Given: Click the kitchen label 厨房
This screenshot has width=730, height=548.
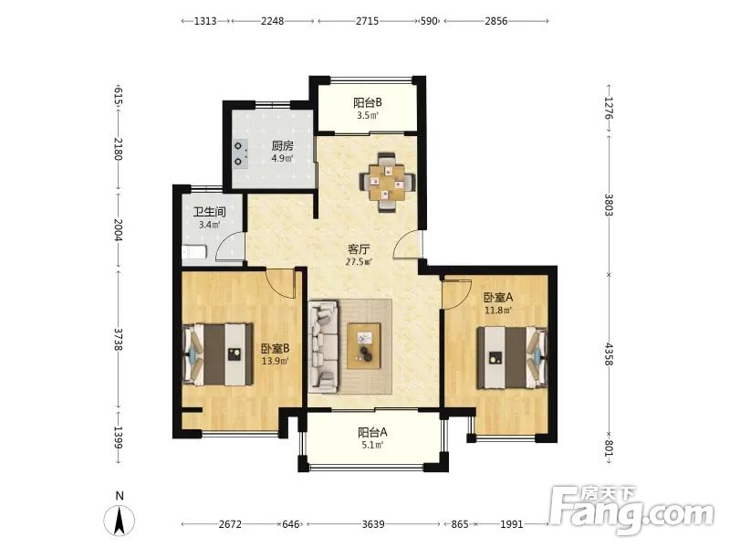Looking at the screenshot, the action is pos(283,146).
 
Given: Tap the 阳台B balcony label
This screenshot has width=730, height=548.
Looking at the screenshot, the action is pos(368,102).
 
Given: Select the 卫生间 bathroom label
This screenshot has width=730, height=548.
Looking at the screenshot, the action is pos(210,212).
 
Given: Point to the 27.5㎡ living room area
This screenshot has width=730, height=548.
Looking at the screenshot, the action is pos(359,262).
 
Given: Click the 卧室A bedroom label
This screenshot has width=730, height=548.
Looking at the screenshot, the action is pos(498,298).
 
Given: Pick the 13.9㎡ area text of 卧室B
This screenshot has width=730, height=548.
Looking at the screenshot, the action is pos(275,361).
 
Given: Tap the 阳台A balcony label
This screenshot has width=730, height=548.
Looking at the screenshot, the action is pos(372,432).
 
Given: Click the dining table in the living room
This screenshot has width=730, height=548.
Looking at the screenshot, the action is pos(387,182).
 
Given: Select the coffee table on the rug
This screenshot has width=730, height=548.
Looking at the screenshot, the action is pos(363,346).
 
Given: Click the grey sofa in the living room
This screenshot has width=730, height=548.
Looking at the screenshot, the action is pos(323,347).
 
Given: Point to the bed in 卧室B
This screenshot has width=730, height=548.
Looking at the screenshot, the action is pos(217,354).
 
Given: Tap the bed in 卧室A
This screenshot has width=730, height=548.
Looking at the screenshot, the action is pos(512,357).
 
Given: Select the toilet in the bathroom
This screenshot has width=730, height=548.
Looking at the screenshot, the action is pos(193,253).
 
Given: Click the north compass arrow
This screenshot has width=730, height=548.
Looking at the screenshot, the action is pos(120,521).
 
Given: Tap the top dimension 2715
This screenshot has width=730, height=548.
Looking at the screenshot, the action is pos(368,21).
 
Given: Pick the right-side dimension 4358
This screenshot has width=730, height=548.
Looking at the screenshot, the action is pos(609,354).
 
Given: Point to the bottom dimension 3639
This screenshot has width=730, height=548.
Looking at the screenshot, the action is pos(373,524).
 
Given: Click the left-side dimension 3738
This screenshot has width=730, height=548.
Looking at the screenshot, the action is pos(119,339).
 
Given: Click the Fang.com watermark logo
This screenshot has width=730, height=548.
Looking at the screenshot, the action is pos(631,511).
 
